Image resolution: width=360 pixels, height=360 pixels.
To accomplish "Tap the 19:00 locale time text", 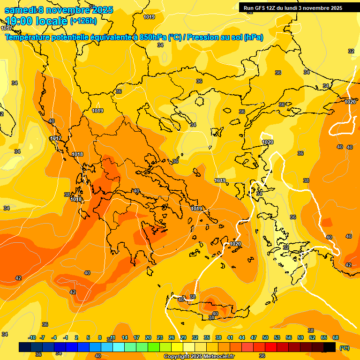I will [x=36, y=21].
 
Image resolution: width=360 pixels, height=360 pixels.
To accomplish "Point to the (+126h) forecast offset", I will [x=83, y=21].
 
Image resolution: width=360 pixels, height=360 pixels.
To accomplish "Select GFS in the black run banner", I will [x=261, y=8].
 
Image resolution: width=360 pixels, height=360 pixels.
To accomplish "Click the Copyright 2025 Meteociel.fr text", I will [x=198, y=357].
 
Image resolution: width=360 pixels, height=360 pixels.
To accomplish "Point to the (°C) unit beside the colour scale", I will [x=344, y=347].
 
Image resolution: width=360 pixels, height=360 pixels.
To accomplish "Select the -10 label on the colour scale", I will [x=32, y=337].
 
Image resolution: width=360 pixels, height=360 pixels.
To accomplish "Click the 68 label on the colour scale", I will [x=336, y=337].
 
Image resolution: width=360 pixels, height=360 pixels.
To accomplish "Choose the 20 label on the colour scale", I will [x=148, y=337].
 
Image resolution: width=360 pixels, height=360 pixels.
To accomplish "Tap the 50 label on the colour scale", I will [x=265, y=337].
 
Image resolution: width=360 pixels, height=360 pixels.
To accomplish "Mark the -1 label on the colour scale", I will [x=66, y=337].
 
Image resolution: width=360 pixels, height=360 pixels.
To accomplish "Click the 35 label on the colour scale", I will [x=207, y=337].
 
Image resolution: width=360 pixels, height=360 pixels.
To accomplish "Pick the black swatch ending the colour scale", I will [x=330, y=347].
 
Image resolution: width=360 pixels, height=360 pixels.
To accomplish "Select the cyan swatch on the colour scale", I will [x=119, y=347].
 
